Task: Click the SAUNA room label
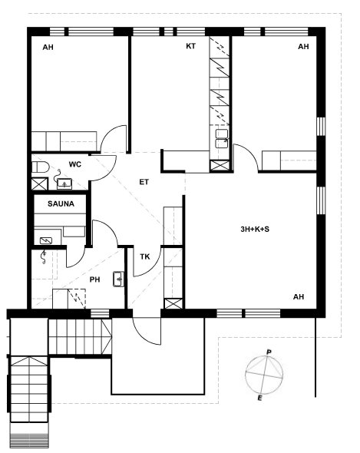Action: click(x=61, y=204)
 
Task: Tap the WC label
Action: click(x=74, y=164)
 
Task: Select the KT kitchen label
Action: click(x=190, y=46)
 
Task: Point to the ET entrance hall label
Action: click(x=144, y=182)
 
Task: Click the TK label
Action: click(x=145, y=257)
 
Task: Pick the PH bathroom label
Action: click(x=94, y=279)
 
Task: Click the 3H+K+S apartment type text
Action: click(x=255, y=230)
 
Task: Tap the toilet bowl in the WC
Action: click(x=40, y=167)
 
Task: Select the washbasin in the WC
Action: click(x=64, y=184)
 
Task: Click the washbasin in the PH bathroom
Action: click(x=118, y=279)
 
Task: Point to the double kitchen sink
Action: click(x=222, y=139)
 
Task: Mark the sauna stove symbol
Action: click(x=46, y=240)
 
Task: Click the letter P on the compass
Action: click(x=269, y=352)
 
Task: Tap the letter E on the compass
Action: click(x=259, y=398)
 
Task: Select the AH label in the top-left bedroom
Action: click(x=48, y=47)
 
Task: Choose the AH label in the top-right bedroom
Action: click(x=303, y=47)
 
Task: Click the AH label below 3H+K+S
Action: click(x=299, y=297)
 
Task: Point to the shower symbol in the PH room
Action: click(x=44, y=257)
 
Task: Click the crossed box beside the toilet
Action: click(x=40, y=184)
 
